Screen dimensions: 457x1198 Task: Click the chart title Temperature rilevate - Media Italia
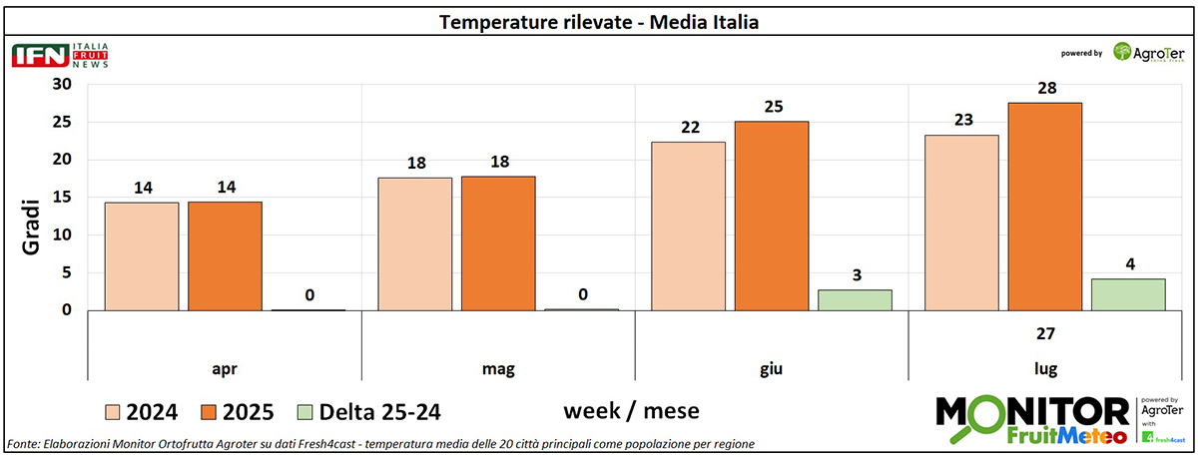pos(599,21)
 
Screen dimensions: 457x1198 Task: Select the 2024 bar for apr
pos(142,256)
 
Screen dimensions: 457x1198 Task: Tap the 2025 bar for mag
pos(498,243)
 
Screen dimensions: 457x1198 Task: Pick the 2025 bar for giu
pos(772,216)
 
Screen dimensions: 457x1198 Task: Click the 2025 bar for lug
pos(1045,207)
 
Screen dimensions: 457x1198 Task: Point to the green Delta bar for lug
pos(1128,294)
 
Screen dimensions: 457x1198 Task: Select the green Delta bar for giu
pos(855,299)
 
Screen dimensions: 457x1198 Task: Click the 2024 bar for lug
pos(961,223)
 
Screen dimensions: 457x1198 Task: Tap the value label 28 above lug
pos(1044,89)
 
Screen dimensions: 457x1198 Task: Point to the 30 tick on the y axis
pos(62,85)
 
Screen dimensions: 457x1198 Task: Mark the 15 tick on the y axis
pos(62,198)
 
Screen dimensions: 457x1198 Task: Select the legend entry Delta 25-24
pos(368,411)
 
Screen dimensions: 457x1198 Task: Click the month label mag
pos(497,369)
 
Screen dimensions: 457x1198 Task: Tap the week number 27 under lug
pos(1044,333)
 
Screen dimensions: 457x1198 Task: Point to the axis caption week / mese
pos(631,410)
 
